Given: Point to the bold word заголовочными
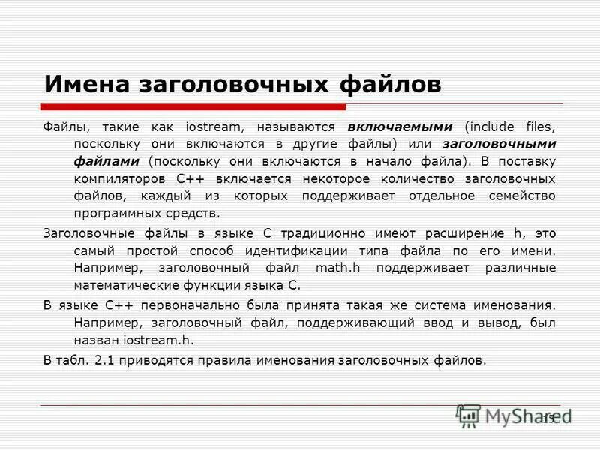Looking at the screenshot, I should tap(499, 142).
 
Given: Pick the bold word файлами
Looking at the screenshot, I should tap(106, 160).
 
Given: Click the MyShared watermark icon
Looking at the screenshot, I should tap(468, 415).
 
